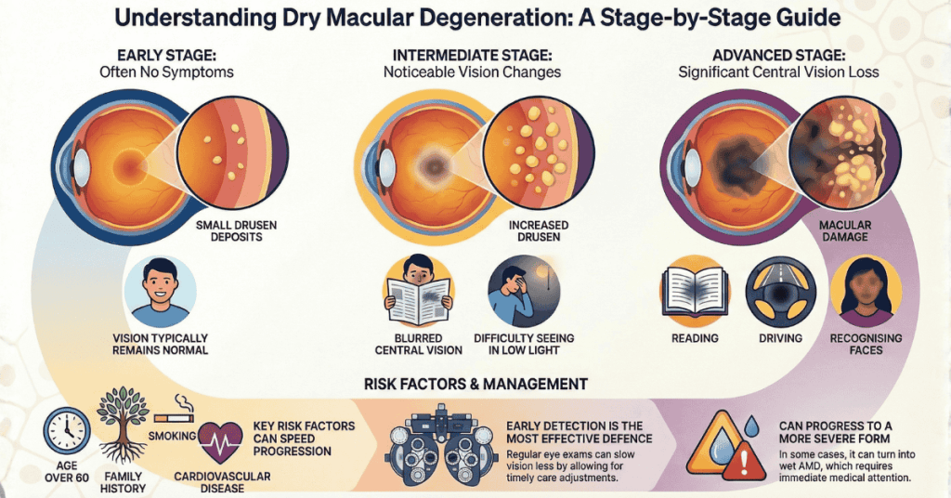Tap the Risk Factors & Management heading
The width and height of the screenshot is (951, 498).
475,383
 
